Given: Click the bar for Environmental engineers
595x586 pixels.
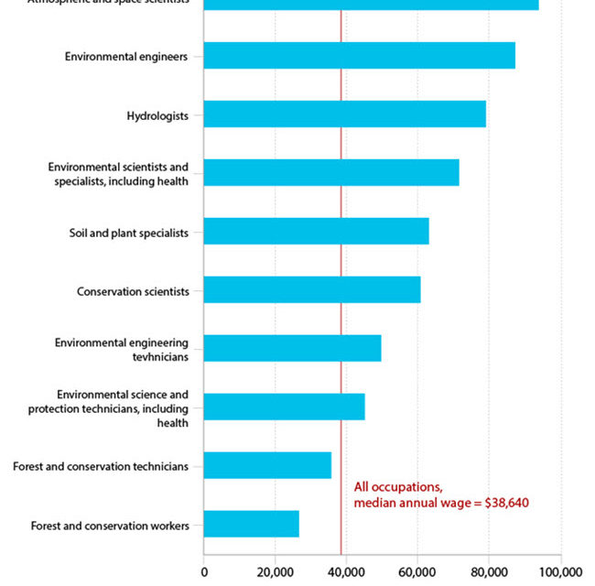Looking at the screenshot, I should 359,56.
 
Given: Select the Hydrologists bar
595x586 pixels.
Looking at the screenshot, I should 344,114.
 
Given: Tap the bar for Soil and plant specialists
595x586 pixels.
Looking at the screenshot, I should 316,231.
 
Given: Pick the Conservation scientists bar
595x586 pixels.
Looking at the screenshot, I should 311,289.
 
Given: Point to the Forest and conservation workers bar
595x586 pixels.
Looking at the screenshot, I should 251,524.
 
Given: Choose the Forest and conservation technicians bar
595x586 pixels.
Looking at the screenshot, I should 267,465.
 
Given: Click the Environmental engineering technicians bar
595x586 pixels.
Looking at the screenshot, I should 292,348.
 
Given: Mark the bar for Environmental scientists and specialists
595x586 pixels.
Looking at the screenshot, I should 330,172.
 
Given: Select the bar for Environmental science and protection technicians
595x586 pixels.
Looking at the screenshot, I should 284,407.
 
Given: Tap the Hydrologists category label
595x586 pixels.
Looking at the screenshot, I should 157,115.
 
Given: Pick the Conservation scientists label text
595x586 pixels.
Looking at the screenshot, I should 133,291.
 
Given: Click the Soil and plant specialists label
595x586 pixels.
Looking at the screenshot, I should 128,233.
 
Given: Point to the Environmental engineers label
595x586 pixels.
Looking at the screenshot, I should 126,57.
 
